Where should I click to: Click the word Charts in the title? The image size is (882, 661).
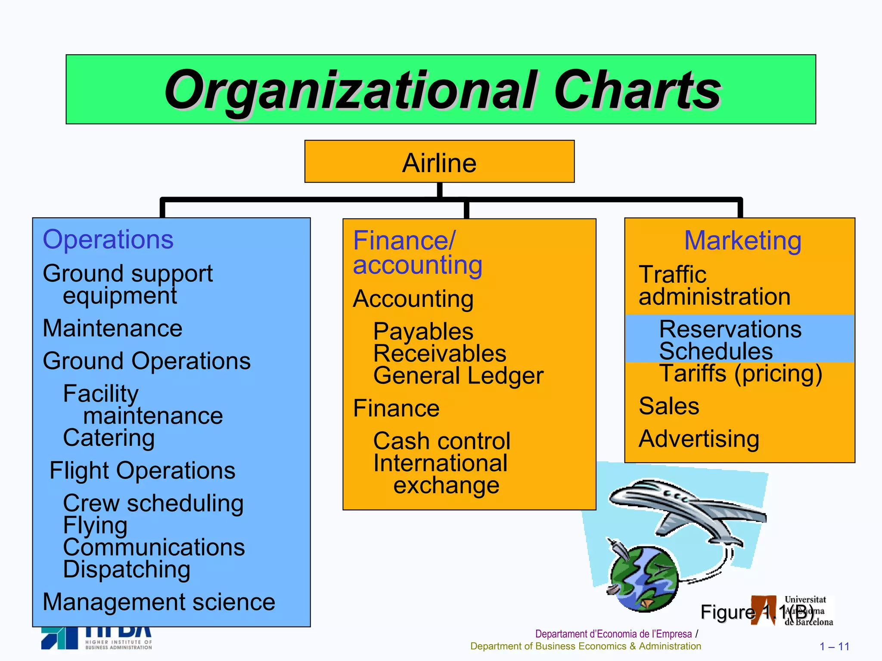coord(637,90)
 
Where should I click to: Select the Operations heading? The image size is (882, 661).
coord(108,239)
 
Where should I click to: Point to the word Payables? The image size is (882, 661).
coord(423,331)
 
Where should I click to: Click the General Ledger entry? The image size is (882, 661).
coord(458,375)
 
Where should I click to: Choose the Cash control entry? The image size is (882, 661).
coord(442,441)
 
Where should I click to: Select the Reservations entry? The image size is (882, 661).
coord(730,329)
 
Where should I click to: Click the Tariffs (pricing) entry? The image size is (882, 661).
coord(741,373)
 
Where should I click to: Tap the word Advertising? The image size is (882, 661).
coord(699,439)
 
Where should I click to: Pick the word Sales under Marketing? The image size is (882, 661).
coord(669,406)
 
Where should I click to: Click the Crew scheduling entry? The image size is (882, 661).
coord(153,503)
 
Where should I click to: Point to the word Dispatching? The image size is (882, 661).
coord(127,569)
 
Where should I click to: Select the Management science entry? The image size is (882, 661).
coord(159,602)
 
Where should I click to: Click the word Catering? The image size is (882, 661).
coord(109,438)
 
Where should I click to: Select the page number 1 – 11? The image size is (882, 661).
coord(834,646)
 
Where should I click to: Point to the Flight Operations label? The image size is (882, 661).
coord(143,470)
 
